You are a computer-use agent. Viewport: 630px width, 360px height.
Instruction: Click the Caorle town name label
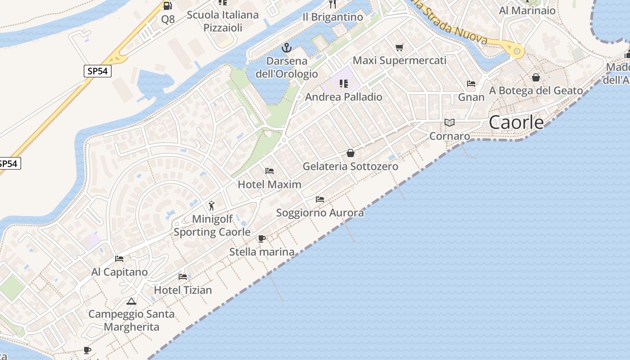(x=516, y=122)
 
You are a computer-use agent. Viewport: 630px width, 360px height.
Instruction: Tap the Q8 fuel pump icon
(x=168, y=6)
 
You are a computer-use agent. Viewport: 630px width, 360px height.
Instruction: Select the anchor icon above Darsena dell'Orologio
(x=286, y=47)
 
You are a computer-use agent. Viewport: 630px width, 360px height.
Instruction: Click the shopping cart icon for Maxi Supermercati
(x=400, y=47)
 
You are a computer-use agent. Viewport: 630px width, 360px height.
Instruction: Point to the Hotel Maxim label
(x=270, y=184)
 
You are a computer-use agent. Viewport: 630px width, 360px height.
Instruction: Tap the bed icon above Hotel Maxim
(x=270, y=171)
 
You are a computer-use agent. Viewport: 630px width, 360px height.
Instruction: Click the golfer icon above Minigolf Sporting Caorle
(x=211, y=206)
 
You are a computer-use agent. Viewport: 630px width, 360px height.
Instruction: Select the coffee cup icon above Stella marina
(x=262, y=238)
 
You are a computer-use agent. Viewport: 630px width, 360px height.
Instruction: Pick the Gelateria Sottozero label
(x=350, y=166)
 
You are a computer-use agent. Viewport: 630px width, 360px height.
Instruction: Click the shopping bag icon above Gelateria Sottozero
(x=351, y=153)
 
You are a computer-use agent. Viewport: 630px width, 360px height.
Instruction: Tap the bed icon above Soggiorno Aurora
(x=320, y=199)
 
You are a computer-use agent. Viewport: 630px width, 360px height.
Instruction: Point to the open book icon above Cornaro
(x=449, y=122)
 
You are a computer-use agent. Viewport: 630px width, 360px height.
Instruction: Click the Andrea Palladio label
(x=343, y=97)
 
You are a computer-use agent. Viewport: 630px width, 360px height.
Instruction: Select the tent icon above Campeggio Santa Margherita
(x=131, y=301)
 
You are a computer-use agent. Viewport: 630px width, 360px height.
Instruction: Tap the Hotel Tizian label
(x=183, y=290)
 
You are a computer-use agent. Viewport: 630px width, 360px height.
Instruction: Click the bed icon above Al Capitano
(x=119, y=259)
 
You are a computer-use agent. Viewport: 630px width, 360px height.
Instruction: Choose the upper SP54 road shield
(x=98, y=71)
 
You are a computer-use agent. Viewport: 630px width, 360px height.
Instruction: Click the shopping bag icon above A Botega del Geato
(x=536, y=77)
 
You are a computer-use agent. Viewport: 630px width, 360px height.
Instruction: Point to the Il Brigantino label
(x=333, y=17)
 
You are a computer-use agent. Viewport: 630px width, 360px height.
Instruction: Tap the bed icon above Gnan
(x=471, y=84)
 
